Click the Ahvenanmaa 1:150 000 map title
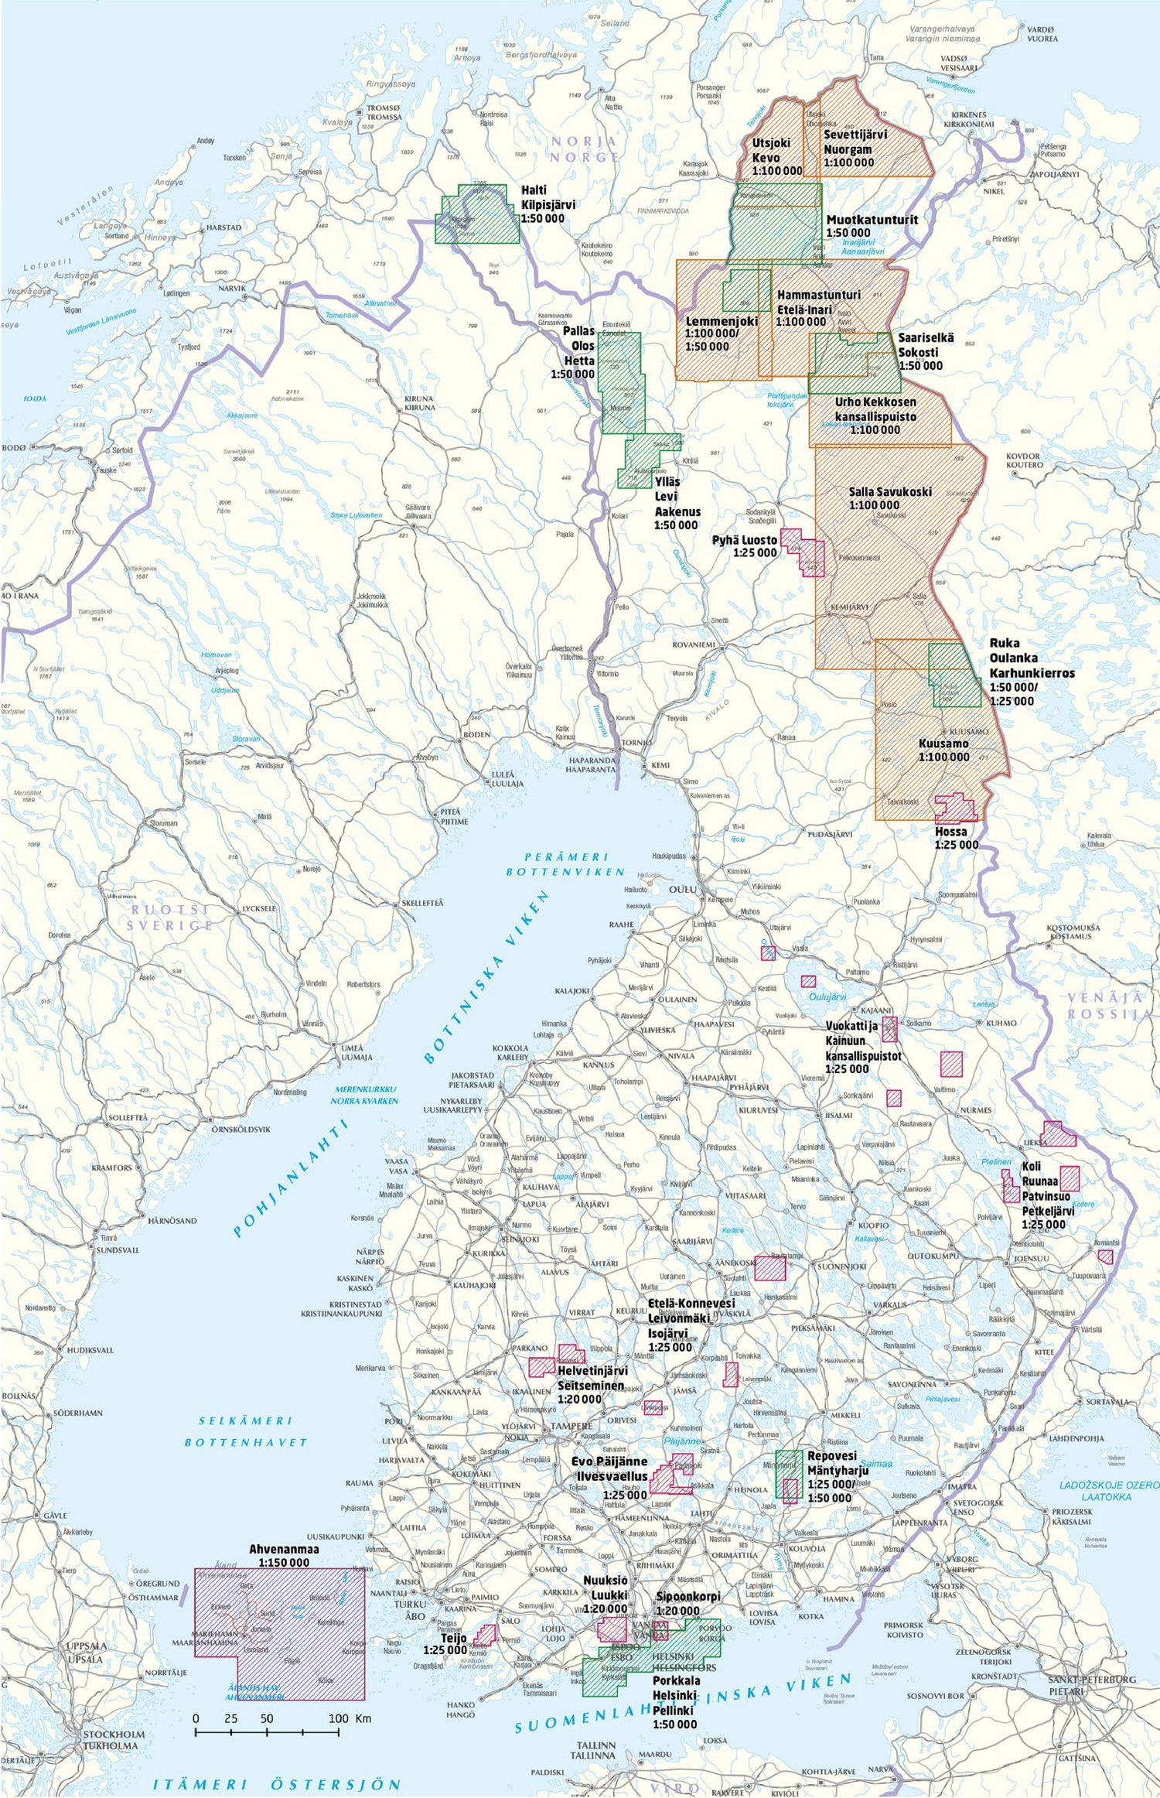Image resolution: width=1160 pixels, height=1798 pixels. pyautogui.click(x=278, y=1556)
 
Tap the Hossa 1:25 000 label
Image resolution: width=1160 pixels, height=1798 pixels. pyautogui.click(x=955, y=838)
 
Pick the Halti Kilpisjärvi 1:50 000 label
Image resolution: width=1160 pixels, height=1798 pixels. pyautogui.click(x=548, y=204)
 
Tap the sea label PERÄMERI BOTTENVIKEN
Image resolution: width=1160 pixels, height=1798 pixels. pyautogui.click(x=566, y=864)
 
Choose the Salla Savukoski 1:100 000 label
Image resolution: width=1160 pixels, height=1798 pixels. pyautogui.click(x=879, y=498)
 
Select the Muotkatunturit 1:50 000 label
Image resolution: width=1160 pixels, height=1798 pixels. pyautogui.click(x=872, y=225)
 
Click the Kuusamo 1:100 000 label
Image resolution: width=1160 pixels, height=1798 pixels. pyautogui.click(x=943, y=750)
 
